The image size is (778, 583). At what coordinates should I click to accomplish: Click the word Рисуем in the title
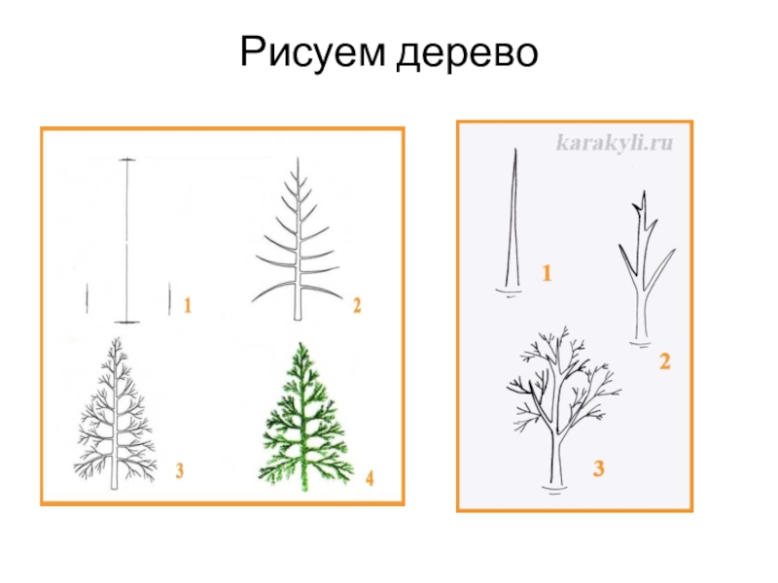pyautogui.click(x=312, y=52)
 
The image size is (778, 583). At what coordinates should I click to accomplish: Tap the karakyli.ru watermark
pyautogui.click(x=615, y=143)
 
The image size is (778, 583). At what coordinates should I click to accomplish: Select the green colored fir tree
pyautogui.click(x=305, y=417)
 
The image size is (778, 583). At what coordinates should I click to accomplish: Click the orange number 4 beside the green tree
pyautogui.click(x=370, y=478)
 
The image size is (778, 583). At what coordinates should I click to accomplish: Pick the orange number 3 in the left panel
pyautogui.click(x=180, y=470)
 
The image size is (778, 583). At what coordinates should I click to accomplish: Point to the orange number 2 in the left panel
pyautogui.click(x=357, y=305)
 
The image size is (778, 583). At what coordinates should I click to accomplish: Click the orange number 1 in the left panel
pyautogui.click(x=188, y=305)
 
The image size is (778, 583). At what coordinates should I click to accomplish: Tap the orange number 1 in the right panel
pyautogui.click(x=547, y=273)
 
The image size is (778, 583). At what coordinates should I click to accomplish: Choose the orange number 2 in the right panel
pyautogui.click(x=665, y=360)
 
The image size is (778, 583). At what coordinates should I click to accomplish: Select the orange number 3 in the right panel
pyautogui.click(x=599, y=468)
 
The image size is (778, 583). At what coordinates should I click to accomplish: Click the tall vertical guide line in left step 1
pyautogui.click(x=127, y=241)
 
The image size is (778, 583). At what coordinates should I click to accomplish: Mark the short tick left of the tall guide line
pyautogui.click(x=88, y=298)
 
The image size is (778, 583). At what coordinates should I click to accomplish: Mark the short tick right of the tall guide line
pyautogui.click(x=169, y=298)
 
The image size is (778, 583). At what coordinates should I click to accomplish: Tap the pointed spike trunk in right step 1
pyautogui.click(x=513, y=223)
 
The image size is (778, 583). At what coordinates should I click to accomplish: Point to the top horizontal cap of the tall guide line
pyautogui.click(x=127, y=159)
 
